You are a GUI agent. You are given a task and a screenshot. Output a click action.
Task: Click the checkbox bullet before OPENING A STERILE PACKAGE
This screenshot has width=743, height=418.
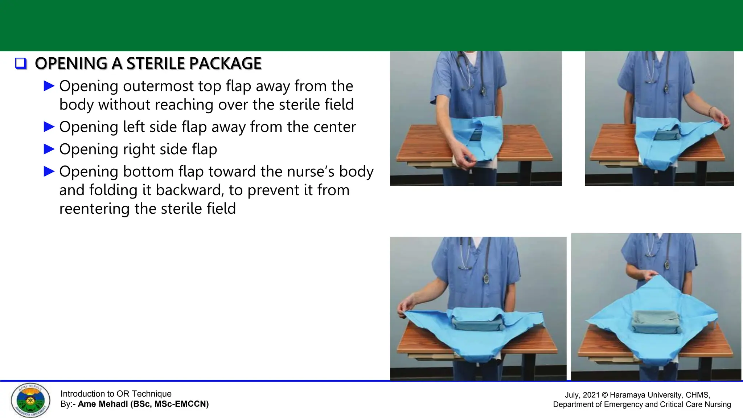point(21,63)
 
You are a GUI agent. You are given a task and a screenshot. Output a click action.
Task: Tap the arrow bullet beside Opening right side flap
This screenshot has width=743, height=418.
point(49,149)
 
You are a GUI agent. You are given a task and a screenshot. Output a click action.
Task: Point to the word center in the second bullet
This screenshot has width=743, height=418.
point(334,127)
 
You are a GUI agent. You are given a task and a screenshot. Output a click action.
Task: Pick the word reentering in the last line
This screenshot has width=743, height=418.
point(94,209)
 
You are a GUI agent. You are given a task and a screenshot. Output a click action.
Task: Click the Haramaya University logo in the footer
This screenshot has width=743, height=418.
point(30,400)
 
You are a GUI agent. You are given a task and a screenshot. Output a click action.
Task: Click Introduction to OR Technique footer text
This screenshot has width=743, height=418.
point(116,394)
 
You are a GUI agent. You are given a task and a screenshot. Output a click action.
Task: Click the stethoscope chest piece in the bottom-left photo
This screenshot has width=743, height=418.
point(486,279)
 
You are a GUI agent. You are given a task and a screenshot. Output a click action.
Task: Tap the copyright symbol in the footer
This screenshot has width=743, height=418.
point(605,395)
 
